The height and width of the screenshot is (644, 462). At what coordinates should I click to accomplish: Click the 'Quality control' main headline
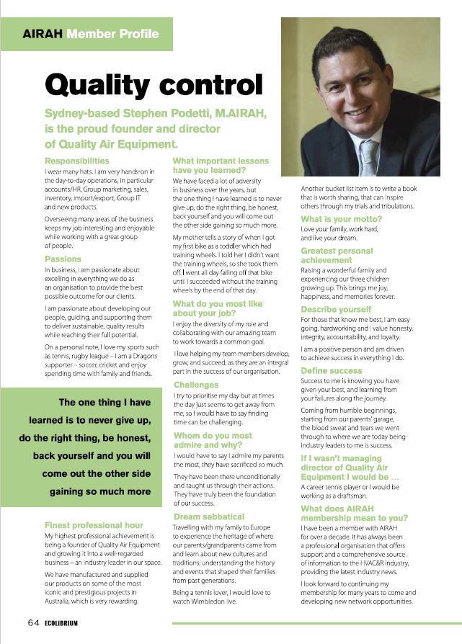(x=154, y=86)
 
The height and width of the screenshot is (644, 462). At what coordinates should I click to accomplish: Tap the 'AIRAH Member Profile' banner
(x=91, y=34)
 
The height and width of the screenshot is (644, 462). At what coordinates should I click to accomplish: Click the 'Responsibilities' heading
(x=77, y=161)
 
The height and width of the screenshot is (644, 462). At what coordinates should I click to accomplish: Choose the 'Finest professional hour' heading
(x=94, y=526)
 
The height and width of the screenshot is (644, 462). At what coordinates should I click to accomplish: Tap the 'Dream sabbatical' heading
(x=208, y=517)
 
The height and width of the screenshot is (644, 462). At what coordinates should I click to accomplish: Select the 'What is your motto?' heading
(x=342, y=219)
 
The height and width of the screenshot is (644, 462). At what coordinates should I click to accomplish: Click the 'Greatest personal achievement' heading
(x=337, y=256)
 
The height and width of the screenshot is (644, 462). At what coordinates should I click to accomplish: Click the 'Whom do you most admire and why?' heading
(x=213, y=440)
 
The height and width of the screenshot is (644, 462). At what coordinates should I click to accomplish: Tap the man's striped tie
(x=369, y=154)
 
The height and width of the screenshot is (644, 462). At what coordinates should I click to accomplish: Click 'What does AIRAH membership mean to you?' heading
(x=354, y=514)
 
